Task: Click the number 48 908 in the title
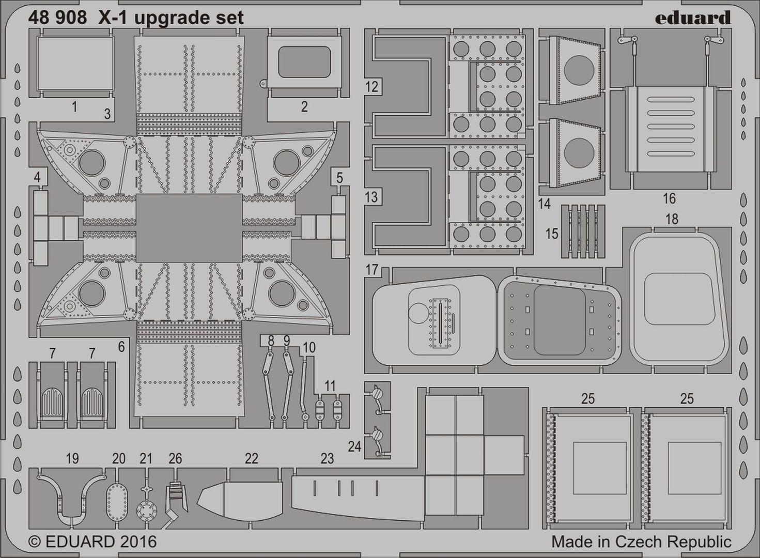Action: click(58, 18)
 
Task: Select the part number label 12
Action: click(372, 87)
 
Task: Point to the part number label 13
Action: click(372, 197)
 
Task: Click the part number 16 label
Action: click(670, 198)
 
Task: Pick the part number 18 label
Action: click(672, 219)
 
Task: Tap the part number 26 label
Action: click(175, 459)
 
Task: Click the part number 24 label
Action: click(354, 447)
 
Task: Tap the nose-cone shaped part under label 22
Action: click(240, 505)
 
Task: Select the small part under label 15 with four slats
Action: click(583, 231)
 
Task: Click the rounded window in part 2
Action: click(304, 62)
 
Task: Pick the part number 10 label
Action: click(309, 348)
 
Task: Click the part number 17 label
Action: click(372, 270)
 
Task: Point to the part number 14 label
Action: click(544, 204)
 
